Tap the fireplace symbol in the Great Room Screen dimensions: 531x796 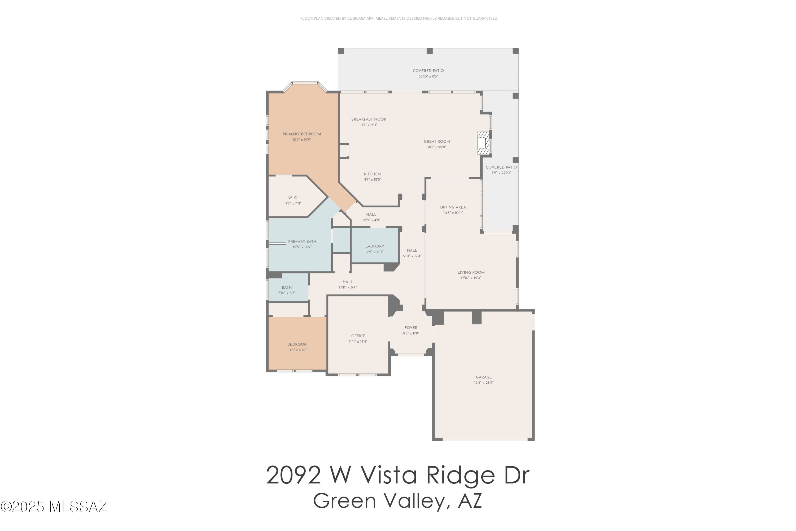pyautogui.click(x=483, y=143)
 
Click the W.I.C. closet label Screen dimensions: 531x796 pyautogui.click(x=293, y=198)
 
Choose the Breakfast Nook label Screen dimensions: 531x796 pyautogui.click(x=369, y=119)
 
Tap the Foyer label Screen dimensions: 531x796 pyautogui.click(x=411, y=328)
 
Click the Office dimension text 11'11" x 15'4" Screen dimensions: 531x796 pyautogui.click(x=358, y=342)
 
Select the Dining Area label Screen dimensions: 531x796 pyautogui.click(x=453, y=207)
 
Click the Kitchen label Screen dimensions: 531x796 pyautogui.click(x=372, y=174)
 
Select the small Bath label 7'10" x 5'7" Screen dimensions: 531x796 pyautogui.click(x=287, y=290)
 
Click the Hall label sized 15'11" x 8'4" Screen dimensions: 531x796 pyautogui.click(x=348, y=284)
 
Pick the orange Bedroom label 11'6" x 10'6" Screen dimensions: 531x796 pyautogui.click(x=297, y=347)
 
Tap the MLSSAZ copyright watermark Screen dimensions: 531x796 pyautogui.click(x=54, y=507)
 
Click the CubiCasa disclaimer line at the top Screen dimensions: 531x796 pyautogui.click(x=399, y=18)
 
